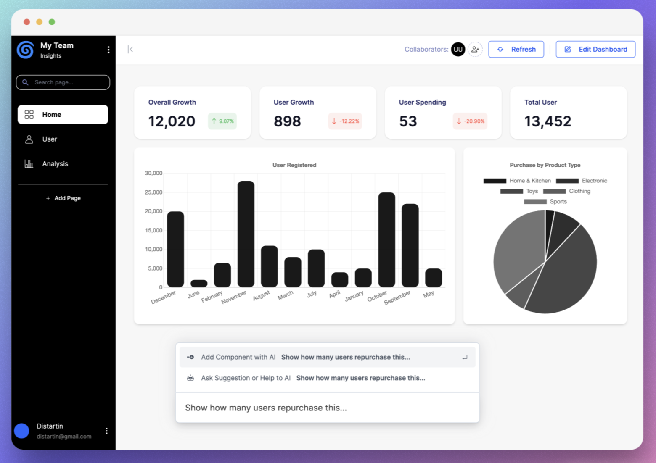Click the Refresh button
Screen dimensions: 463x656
click(516, 49)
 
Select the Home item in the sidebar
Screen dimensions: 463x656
click(63, 115)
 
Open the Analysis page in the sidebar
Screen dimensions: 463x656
click(55, 164)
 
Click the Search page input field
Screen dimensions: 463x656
click(63, 82)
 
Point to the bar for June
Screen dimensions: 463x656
click(199, 284)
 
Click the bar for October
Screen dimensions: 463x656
click(386, 240)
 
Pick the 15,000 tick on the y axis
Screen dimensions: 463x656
click(153, 230)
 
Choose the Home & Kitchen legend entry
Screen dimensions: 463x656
click(517, 181)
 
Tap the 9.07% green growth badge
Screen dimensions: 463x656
click(222, 121)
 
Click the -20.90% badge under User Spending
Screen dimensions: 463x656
click(470, 121)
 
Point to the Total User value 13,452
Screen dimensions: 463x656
click(548, 121)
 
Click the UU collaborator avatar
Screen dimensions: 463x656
click(458, 49)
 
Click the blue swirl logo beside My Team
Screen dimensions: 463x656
click(26, 50)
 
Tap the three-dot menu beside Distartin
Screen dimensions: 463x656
click(106, 431)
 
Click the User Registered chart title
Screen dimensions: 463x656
click(294, 165)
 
